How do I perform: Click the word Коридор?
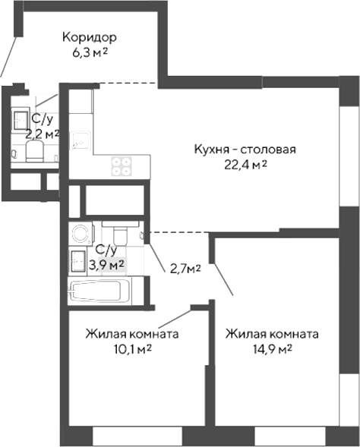[90, 37]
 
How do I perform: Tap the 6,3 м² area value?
[90, 52]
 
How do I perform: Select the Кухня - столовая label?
[243, 149]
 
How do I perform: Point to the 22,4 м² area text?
[243, 165]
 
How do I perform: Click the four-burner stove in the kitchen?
[120, 165]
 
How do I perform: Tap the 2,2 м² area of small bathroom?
[43, 134]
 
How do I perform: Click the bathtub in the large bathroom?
[98, 291]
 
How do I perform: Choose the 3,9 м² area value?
[106, 264]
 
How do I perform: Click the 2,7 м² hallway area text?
[185, 269]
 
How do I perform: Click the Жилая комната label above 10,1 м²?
[132, 333]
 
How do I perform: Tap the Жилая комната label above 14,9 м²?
[272, 333]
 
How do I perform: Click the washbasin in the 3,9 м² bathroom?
[77, 261]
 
